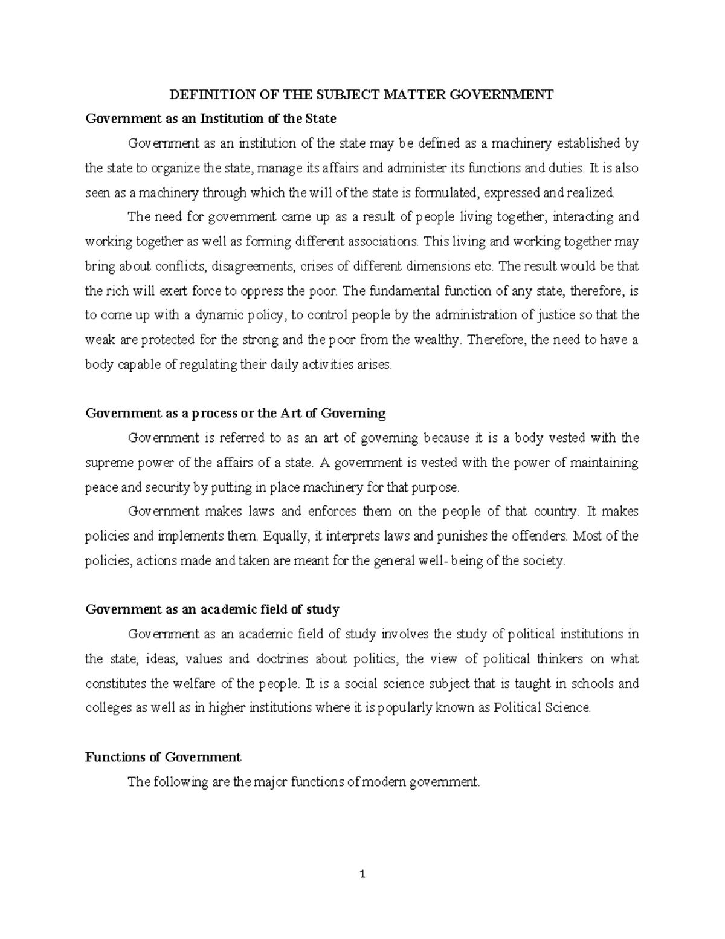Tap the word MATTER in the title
click(x=409, y=94)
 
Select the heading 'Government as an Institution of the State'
click(x=211, y=119)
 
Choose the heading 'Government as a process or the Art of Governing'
click(x=235, y=414)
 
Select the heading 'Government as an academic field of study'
click(x=212, y=609)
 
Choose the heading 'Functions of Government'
click(x=163, y=757)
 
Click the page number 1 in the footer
click(x=362, y=874)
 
